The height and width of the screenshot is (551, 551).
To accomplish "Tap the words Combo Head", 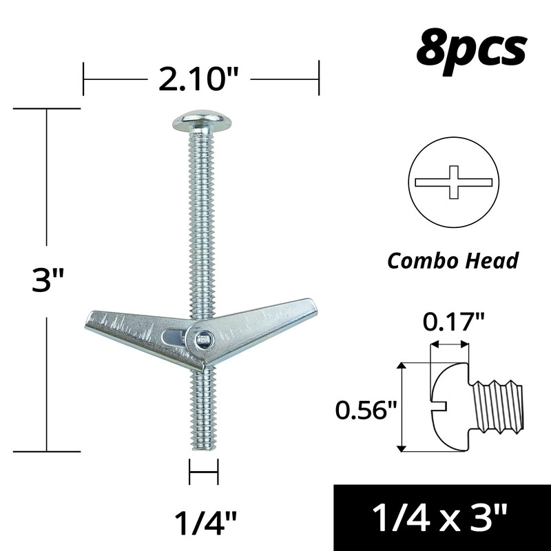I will [453, 261].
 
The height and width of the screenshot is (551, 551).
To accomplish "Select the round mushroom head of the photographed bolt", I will [201, 123].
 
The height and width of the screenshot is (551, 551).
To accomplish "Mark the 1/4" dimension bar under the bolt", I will [203, 474].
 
